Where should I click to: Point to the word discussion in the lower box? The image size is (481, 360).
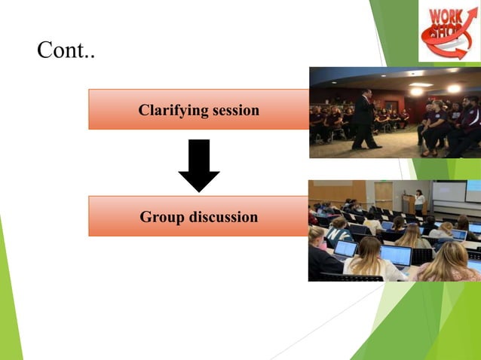click(x=221, y=218)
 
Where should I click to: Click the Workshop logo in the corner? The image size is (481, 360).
click(x=449, y=31)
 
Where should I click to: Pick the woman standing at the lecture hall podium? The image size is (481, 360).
click(x=419, y=201)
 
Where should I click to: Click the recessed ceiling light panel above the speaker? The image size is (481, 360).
click(x=414, y=74)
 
